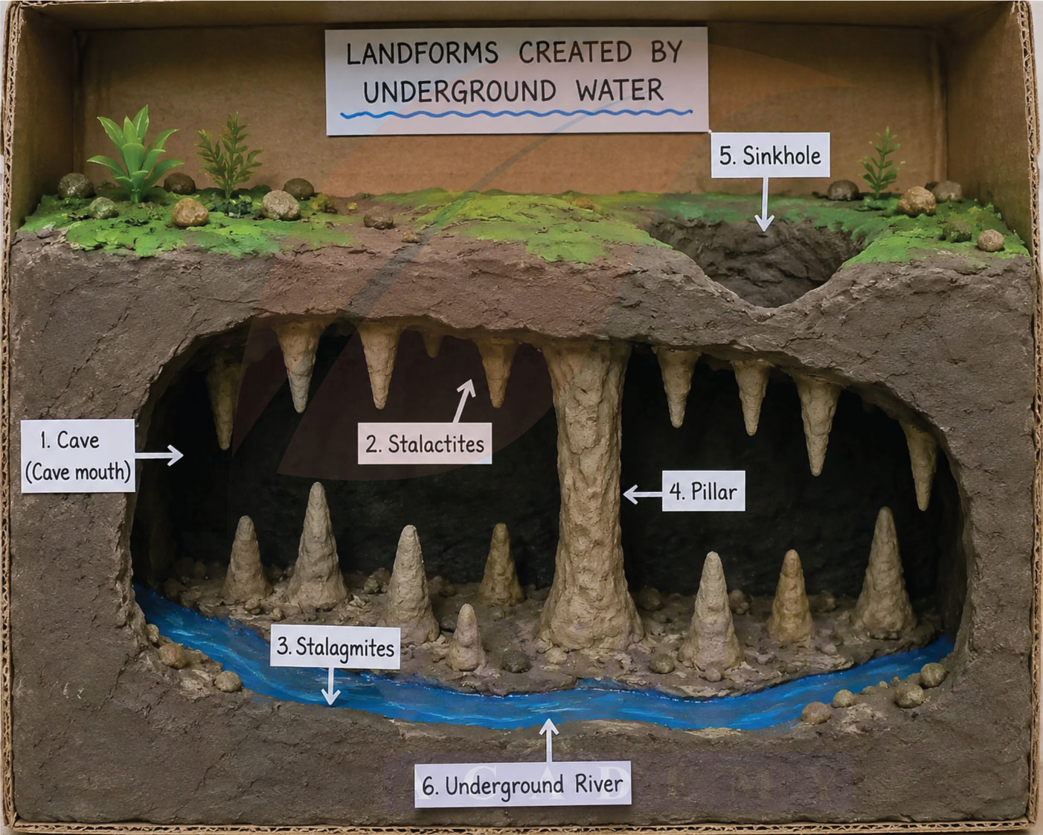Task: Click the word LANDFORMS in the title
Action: click(x=422, y=53)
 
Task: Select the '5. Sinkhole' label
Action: click(x=770, y=156)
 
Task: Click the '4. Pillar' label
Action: click(x=703, y=491)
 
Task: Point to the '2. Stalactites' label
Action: click(x=425, y=444)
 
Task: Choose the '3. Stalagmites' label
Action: click(x=336, y=647)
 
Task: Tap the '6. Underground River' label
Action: click(x=522, y=784)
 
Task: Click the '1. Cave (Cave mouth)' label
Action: click(x=78, y=455)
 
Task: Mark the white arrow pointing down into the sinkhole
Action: click(x=764, y=204)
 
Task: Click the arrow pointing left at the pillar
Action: click(x=643, y=495)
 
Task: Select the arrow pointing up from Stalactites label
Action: click(x=463, y=401)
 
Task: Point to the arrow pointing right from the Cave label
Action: click(x=159, y=455)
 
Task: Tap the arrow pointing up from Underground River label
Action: click(x=548, y=740)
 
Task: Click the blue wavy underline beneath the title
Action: click(x=516, y=115)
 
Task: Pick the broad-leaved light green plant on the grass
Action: click(x=133, y=154)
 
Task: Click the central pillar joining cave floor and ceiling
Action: click(x=587, y=495)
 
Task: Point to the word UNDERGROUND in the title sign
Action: click(x=460, y=91)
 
